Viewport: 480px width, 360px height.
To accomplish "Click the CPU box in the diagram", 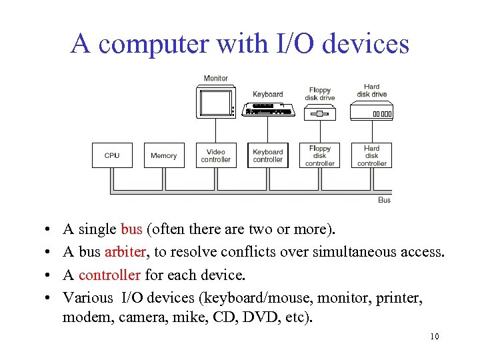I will (x=112, y=155).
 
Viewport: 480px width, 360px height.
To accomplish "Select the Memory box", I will (x=163, y=155).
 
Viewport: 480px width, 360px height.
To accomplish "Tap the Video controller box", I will (x=215, y=155).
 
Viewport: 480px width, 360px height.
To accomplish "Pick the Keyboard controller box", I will (x=267, y=155).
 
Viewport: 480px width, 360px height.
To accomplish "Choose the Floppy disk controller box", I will (x=320, y=155).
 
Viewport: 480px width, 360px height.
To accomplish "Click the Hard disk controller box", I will (x=372, y=155).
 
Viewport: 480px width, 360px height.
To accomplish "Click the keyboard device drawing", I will (x=269, y=110).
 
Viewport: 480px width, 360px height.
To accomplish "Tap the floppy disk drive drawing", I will (x=320, y=113).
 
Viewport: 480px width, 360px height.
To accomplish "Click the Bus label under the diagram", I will (x=384, y=200).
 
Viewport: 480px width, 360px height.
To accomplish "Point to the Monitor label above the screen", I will (x=215, y=79).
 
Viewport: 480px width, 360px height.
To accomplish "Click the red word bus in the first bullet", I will (x=131, y=229).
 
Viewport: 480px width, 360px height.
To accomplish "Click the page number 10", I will (x=435, y=336).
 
